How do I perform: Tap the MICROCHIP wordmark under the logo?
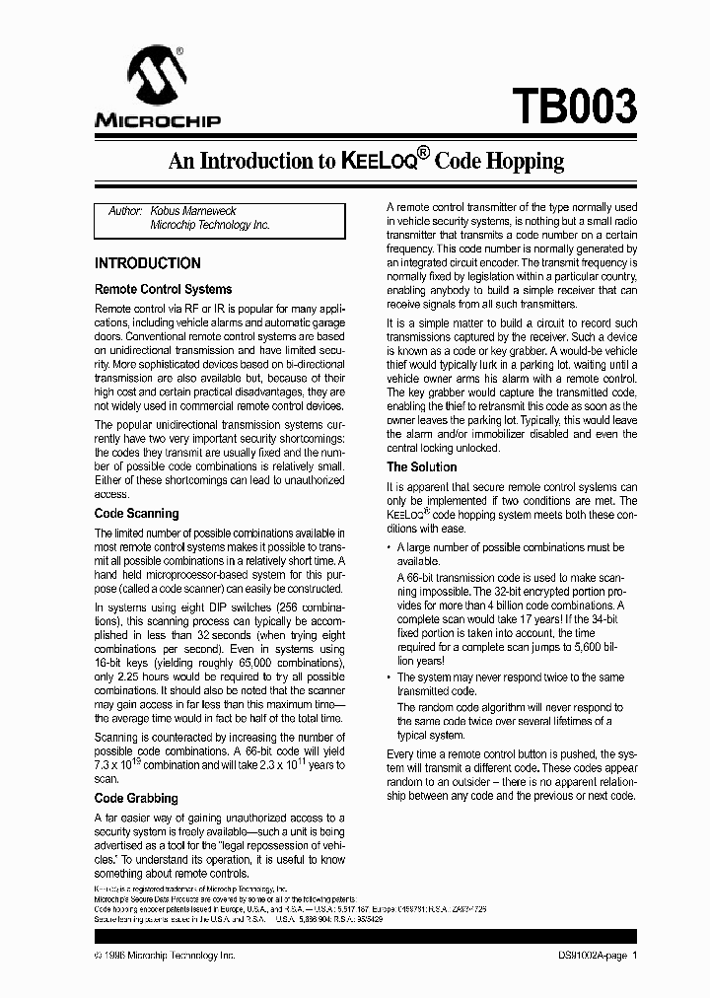pyautogui.click(x=158, y=121)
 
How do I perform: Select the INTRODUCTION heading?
pyautogui.click(x=147, y=263)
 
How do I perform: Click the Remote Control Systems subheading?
pyautogui.click(x=163, y=289)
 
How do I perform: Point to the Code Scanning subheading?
pyautogui.click(x=136, y=513)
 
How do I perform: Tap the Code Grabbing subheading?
pyautogui.click(x=136, y=798)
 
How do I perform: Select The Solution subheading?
pyautogui.click(x=421, y=466)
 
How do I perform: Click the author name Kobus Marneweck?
pyautogui.click(x=193, y=211)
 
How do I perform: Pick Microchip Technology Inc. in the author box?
pyautogui.click(x=209, y=225)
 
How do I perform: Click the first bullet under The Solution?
pyautogui.click(x=390, y=547)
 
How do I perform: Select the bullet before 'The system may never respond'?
pyautogui.click(x=390, y=677)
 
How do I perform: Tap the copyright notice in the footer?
pyautogui.click(x=165, y=956)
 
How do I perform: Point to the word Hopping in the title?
pyautogui.click(x=521, y=161)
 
